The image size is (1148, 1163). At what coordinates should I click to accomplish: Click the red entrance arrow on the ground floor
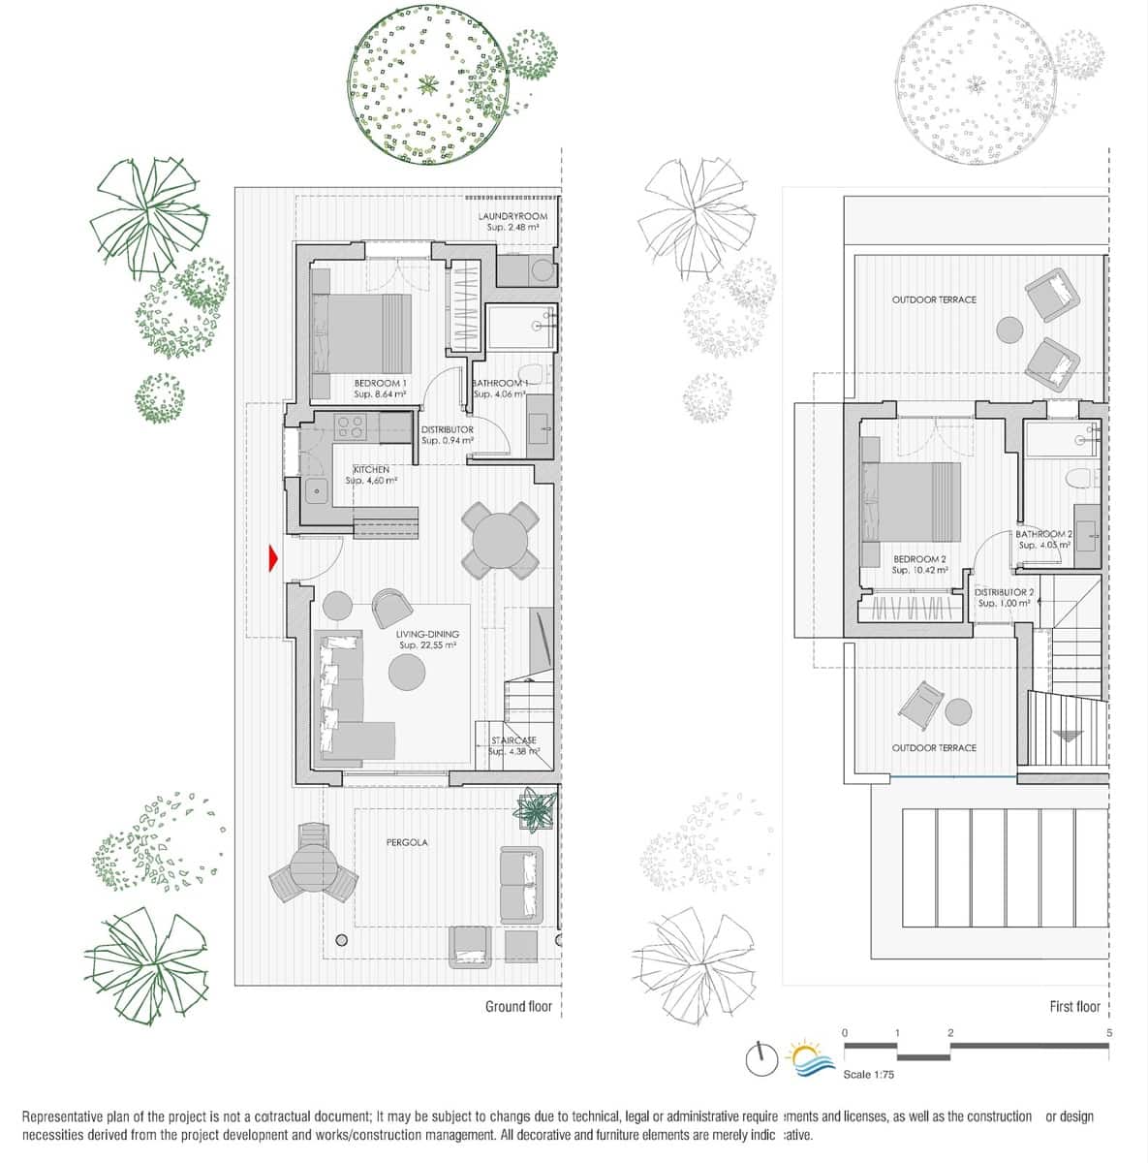(x=273, y=558)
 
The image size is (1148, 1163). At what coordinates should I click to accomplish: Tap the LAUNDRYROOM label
(x=512, y=216)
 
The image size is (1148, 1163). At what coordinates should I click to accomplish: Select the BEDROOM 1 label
(x=380, y=384)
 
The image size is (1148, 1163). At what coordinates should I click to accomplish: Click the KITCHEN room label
(x=371, y=470)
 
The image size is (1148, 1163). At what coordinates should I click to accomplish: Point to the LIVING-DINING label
(x=427, y=635)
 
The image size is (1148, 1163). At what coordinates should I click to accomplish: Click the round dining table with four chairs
(x=500, y=541)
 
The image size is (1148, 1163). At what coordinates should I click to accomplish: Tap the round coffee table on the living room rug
(x=406, y=672)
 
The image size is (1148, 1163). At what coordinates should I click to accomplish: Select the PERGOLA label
(x=407, y=842)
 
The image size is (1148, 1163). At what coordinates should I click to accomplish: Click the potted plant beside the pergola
(x=537, y=808)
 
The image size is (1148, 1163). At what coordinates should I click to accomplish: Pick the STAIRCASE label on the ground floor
(x=513, y=740)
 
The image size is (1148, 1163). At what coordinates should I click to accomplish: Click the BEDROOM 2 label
(x=919, y=559)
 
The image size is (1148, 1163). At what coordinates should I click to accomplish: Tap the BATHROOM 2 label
(x=1043, y=534)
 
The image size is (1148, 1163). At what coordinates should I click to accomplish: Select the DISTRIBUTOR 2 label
(x=1004, y=592)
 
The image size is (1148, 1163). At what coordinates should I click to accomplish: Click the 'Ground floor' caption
(x=518, y=1007)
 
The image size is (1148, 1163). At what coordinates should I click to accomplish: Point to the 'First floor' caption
(x=1074, y=1007)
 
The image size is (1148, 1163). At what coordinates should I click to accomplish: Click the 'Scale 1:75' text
(x=869, y=1075)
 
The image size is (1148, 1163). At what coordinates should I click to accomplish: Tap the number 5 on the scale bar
(x=1108, y=1033)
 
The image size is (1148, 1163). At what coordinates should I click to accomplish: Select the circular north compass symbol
(x=761, y=1058)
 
